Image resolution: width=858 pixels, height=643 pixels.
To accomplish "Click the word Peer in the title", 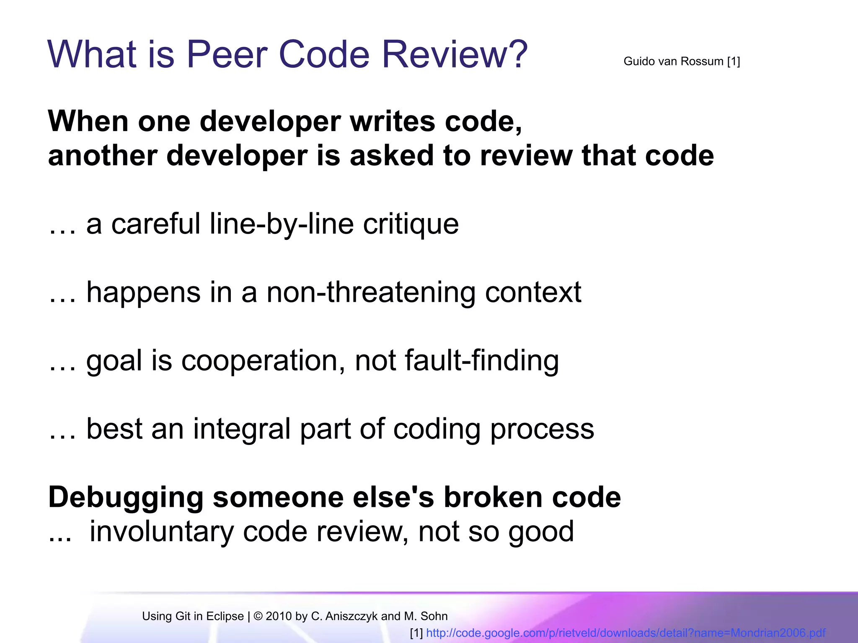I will click(x=226, y=54).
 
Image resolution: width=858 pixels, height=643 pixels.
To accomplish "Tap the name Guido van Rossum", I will click(x=673, y=62).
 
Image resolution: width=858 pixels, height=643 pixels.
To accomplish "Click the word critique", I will click(x=411, y=224).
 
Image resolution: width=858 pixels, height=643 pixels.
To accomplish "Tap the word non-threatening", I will click(x=371, y=292).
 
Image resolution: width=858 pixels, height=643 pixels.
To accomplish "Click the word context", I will click(x=533, y=292).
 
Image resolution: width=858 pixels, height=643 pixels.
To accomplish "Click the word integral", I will click(x=241, y=429).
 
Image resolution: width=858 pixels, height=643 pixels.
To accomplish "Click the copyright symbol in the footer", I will click(x=258, y=616).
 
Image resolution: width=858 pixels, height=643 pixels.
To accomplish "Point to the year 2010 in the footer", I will click(x=279, y=616).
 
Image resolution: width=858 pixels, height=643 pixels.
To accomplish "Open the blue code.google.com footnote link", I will click(x=625, y=633).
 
